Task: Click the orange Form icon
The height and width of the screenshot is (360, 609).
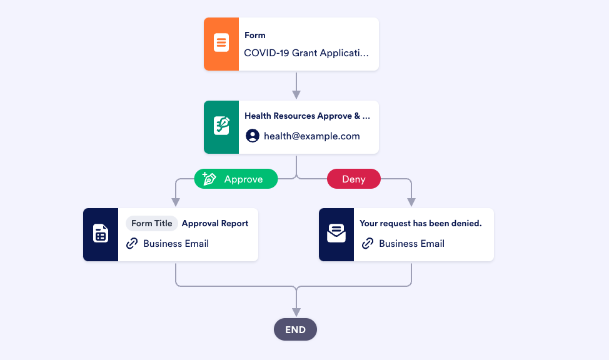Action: [221, 44]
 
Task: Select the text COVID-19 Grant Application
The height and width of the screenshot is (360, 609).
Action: [306, 53]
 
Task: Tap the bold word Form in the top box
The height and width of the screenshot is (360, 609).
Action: [255, 36]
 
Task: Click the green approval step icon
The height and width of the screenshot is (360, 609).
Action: [221, 127]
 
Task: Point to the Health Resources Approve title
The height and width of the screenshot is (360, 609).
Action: [307, 116]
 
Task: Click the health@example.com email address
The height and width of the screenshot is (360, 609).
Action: [312, 136]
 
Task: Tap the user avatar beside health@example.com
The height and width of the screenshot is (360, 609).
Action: [253, 136]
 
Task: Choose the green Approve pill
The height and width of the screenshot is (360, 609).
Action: [236, 179]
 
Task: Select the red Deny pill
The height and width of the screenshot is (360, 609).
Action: [354, 179]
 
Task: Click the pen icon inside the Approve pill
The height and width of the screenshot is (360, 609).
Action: [209, 179]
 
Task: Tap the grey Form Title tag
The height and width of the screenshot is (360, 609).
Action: [152, 224]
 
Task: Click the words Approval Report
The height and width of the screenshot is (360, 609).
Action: [215, 224]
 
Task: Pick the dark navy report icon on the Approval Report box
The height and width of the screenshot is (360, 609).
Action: [101, 234]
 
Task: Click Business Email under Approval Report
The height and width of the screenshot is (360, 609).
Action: [176, 244]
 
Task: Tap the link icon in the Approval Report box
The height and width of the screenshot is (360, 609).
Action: [132, 244]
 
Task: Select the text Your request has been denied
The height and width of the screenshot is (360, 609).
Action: [421, 224]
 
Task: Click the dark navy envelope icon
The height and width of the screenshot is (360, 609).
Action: [336, 234]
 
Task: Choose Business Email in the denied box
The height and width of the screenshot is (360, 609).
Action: [412, 244]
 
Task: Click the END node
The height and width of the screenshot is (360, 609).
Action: [296, 329]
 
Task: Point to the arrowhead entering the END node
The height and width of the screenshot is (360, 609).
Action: [296, 312]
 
